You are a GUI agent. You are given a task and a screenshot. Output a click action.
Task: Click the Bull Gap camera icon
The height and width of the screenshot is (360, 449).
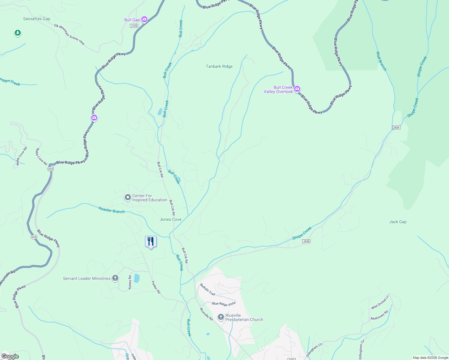(144, 19)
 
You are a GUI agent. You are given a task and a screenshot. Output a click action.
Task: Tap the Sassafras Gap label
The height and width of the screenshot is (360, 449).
(37, 19)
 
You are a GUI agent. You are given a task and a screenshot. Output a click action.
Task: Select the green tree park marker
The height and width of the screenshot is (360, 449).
(18, 33)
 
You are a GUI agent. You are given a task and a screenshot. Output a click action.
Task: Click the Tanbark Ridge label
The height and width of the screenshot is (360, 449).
(219, 66)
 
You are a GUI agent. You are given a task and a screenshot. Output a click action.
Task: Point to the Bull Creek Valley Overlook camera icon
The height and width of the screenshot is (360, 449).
(297, 89)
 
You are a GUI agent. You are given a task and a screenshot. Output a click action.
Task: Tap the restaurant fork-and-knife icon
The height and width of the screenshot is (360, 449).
(151, 241)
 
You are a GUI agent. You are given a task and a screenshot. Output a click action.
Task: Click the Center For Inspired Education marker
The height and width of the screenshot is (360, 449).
(128, 197)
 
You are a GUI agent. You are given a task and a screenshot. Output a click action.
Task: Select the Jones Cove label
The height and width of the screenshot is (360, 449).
(170, 219)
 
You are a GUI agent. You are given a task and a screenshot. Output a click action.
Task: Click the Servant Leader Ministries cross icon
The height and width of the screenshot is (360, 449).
(115, 278)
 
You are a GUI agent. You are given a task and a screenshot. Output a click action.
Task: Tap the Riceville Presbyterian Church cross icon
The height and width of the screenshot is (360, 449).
(221, 317)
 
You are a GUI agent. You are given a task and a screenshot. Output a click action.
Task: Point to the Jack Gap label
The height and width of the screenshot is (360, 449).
(398, 222)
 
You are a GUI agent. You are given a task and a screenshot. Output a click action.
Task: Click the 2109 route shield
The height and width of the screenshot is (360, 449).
(134, 26)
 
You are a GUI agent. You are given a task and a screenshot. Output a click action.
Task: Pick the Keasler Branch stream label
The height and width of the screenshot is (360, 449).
(111, 210)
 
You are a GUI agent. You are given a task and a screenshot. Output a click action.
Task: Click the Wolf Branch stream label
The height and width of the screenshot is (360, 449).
(381, 61)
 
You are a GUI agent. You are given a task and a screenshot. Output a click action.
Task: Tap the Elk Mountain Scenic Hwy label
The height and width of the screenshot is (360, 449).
(69, 34)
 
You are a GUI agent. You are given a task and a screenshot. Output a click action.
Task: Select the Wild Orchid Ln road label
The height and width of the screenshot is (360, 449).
(380, 302)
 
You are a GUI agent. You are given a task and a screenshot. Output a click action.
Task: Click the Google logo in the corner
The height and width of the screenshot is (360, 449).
(10, 356)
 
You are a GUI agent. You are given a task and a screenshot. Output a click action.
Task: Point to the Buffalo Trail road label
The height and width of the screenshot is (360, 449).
(208, 289)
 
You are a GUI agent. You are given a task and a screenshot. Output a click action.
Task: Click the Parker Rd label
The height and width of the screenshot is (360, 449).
(156, 287)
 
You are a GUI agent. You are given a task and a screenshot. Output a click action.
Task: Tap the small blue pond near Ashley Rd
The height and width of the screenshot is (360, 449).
(137, 278)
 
